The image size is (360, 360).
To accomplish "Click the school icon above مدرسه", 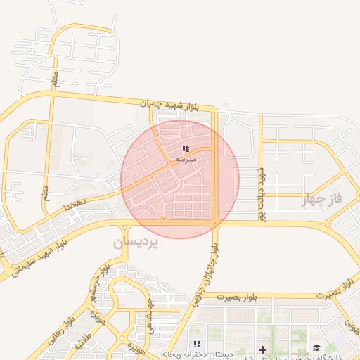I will pyautogui.click(x=186, y=148).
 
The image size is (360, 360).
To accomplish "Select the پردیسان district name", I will pyautogui.click(x=136, y=242).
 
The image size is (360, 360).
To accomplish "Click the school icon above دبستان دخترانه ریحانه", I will pyautogui.click(x=198, y=344).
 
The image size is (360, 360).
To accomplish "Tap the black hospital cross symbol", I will pyautogui.click(x=262, y=349).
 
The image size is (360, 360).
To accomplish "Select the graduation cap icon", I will pyautogui.click(x=316, y=348).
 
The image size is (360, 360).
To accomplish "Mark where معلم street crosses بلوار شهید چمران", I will pyautogui.click(x=53, y=92).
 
